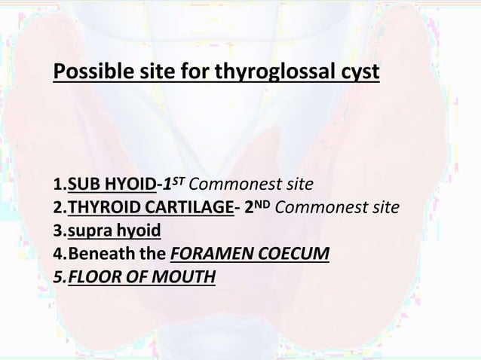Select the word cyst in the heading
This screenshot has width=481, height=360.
359,75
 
